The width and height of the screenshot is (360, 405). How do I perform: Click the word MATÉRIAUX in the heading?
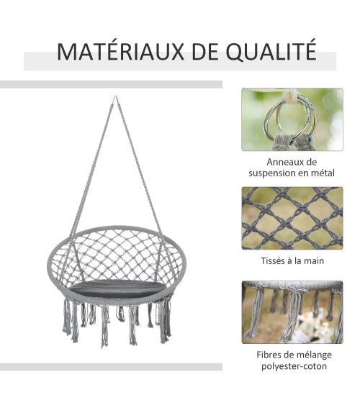(120, 52)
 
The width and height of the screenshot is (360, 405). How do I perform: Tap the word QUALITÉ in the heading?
(271, 51)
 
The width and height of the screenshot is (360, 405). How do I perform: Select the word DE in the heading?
(205, 53)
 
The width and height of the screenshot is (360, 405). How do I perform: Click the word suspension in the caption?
(272, 173)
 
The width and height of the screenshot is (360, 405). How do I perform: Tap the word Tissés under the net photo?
(273, 260)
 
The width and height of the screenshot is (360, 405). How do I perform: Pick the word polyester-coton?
(294, 366)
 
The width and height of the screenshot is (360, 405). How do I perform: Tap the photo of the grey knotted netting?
(292, 218)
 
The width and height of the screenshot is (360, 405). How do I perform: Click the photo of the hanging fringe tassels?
(292, 312)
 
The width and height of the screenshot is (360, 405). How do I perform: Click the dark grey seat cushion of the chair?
(118, 288)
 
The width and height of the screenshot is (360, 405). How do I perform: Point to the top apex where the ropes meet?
(115, 96)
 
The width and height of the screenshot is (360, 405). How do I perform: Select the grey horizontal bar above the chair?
(111, 84)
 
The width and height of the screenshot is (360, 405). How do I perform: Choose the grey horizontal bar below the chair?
(111, 367)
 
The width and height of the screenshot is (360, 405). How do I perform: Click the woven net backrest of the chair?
(117, 255)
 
